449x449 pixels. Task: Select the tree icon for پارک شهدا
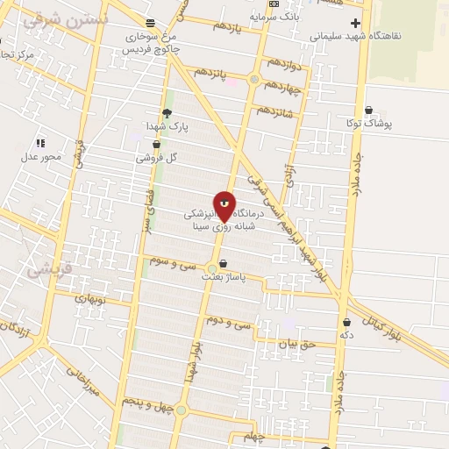click(x=167, y=112)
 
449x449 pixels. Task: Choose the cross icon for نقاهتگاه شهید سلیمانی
click(x=354, y=23)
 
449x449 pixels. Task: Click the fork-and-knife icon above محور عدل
click(x=40, y=142)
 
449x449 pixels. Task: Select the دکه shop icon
click(x=347, y=323)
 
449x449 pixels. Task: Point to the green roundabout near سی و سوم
click(x=212, y=268)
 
